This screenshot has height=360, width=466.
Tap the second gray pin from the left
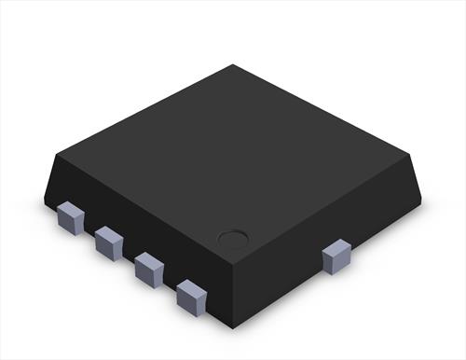[x=108, y=242]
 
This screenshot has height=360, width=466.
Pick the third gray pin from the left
[x=148, y=268]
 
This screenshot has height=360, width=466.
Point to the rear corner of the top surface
[x=233, y=66]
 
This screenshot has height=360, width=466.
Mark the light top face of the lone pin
[x=336, y=246]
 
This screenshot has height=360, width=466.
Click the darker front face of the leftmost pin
[x=68, y=221]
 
